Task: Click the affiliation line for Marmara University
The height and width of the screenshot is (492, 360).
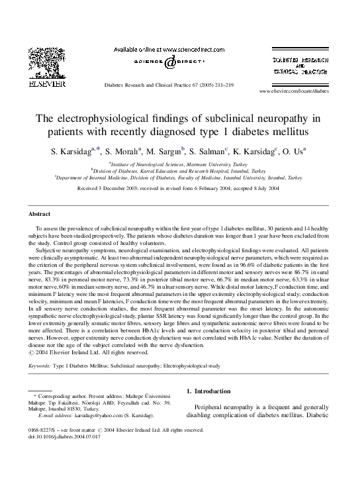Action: [x=179, y=162]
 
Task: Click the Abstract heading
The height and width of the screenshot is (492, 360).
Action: [x=40, y=214]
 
